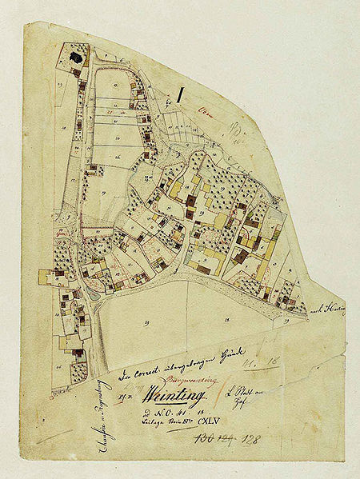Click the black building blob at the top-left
click(76, 58)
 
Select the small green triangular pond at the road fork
click(96, 293)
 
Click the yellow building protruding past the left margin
click(44, 276)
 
